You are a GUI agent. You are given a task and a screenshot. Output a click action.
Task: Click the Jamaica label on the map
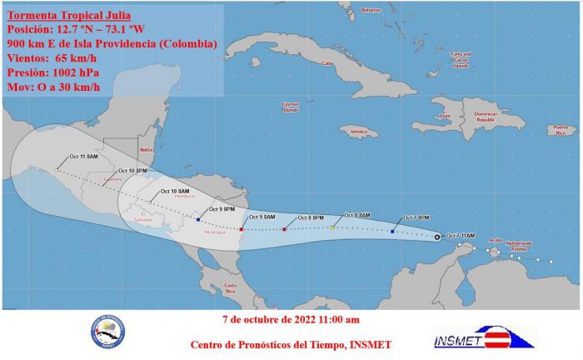click(x=358, y=132)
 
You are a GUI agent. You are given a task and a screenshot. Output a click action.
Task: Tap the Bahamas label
click(x=371, y=10)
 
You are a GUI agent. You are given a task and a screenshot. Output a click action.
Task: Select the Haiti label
click(x=445, y=115)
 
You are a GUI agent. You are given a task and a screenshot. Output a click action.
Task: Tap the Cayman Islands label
click(x=290, y=107)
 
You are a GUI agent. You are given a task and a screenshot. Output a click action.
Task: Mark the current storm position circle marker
click(x=438, y=237)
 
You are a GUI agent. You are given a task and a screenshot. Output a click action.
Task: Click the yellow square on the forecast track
click(x=332, y=227)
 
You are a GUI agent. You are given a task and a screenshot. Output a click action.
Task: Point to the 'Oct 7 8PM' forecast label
click(x=417, y=217)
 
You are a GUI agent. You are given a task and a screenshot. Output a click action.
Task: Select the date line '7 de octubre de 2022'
click(x=291, y=319)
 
